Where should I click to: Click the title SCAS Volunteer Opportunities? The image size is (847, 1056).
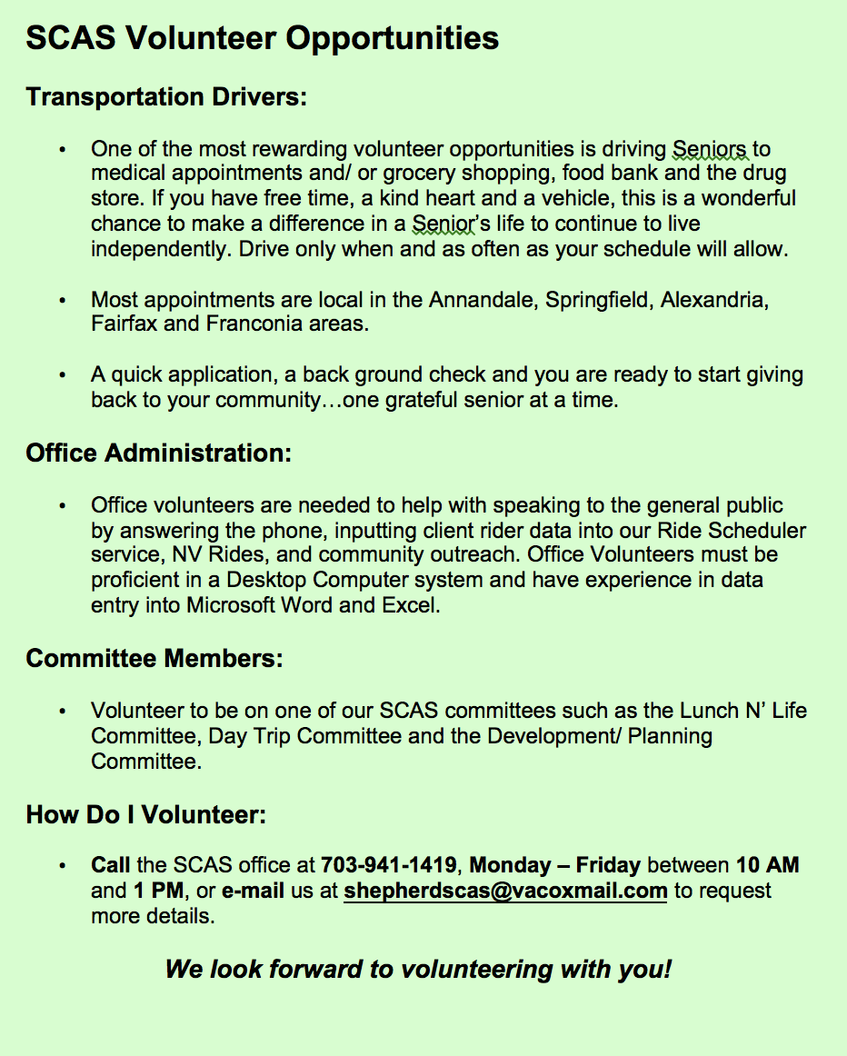(263, 38)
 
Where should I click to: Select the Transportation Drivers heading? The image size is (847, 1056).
(166, 96)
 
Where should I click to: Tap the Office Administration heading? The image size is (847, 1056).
(159, 453)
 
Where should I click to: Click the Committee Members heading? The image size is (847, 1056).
(154, 658)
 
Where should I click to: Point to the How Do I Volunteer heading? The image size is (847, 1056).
(145, 814)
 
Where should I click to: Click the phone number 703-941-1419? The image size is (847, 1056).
(392, 865)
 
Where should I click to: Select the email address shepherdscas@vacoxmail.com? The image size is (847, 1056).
(505, 891)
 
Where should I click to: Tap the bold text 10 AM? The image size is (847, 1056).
(767, 865)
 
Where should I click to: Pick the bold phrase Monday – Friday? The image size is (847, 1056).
(554, 865)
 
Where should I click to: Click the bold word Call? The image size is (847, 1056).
(110, 865)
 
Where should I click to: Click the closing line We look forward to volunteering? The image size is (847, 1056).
(418, 969)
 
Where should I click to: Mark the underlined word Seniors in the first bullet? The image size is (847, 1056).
(710, 149)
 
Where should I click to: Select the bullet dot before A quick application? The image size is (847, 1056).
(62, 375)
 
